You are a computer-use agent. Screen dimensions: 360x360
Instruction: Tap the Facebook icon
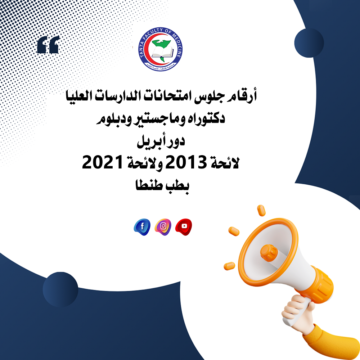point(142,227)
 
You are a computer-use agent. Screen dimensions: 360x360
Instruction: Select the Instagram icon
point(163,226)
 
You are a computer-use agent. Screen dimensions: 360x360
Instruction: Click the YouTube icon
point(184,226)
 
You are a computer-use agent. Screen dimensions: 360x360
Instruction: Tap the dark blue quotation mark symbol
point(48,45)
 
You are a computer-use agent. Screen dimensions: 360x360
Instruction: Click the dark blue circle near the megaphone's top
point(309,42)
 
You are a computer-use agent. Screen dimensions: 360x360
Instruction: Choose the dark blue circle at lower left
point(60,289)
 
